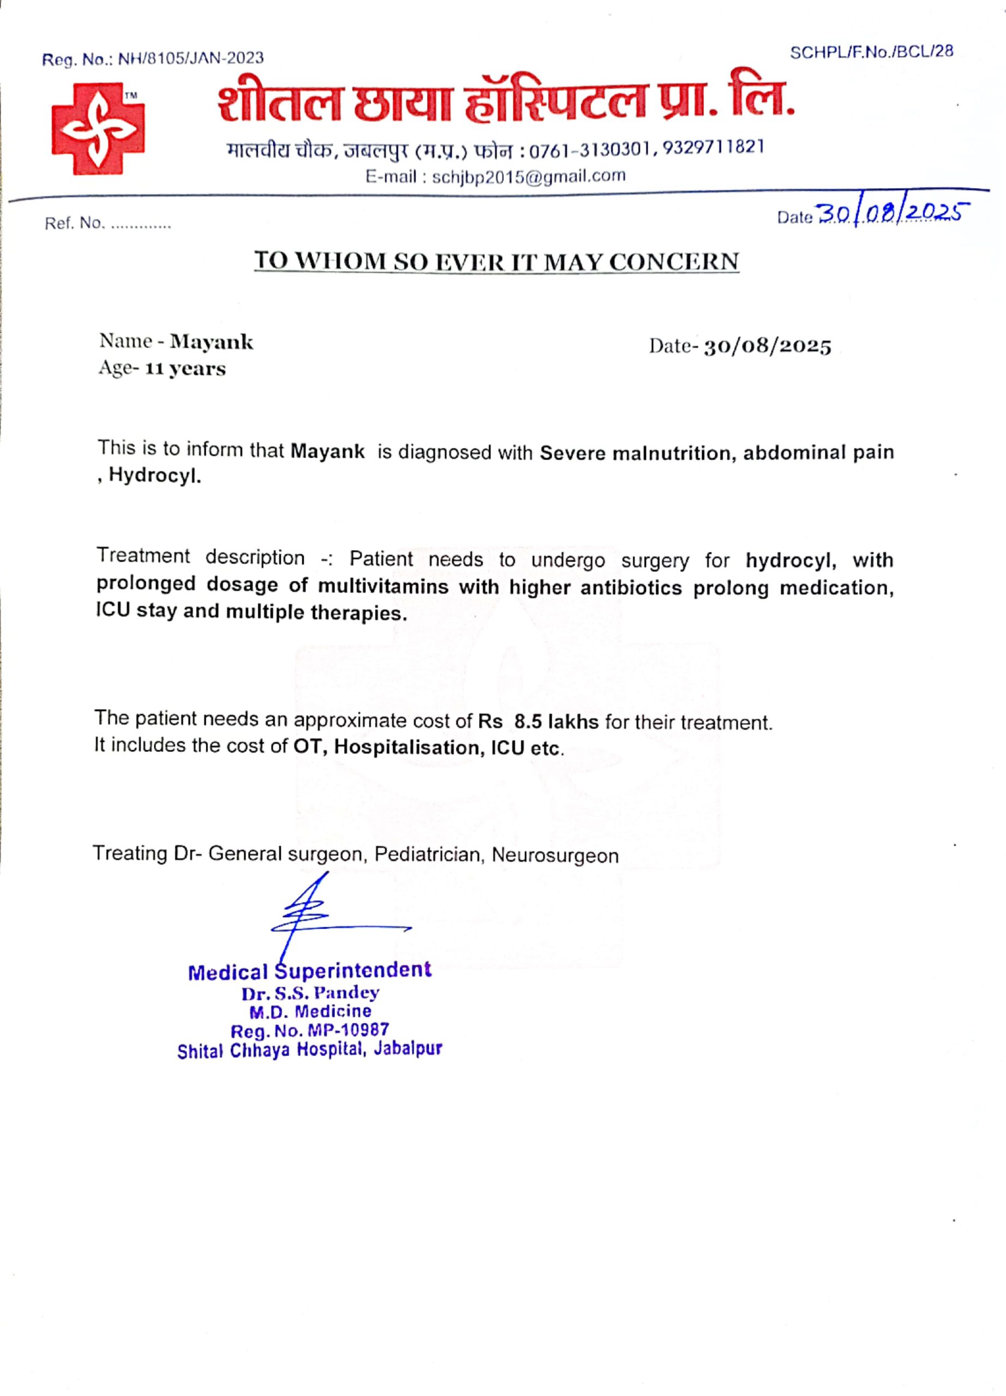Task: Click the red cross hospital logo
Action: click(98, 129)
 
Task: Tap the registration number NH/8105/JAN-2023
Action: click(191, 58)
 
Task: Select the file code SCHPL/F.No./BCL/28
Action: click(871, 52)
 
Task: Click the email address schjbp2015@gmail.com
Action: click(528, 177)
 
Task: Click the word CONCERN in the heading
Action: click(674, 262)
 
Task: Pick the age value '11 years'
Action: click(185, 369)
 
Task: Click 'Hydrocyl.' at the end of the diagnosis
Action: click(155, 477)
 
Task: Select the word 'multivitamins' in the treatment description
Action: click(383, 586)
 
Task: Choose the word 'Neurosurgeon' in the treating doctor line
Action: click(555, 856)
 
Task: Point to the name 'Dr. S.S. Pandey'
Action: click(310, 994)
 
